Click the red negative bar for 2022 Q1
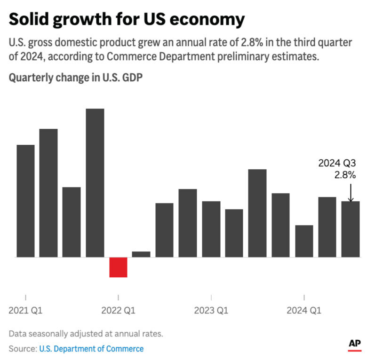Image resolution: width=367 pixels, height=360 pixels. click(118, 267)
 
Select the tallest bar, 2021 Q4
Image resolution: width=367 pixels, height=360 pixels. click(95, 183)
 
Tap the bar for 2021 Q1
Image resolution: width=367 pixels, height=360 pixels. click(25, 201)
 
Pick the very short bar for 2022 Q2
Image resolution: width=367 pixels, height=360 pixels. click(141, 254)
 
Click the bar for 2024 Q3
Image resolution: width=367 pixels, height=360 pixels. click(351, 229)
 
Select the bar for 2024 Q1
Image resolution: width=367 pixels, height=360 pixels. click(304, 241)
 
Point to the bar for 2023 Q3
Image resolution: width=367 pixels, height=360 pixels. click(257, 213)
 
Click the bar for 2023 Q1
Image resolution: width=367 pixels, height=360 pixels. click(211, 229)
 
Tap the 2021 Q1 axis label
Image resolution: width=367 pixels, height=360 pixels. click(25, 311)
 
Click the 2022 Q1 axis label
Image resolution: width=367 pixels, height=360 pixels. click(118, 311)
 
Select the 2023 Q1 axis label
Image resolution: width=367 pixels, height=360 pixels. click(211, 311)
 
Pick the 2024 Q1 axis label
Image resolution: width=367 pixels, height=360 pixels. click(304, 311)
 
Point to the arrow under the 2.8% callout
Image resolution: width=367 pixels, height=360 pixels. click(351, 193)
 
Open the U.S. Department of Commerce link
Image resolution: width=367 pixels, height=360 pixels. click(91, 349)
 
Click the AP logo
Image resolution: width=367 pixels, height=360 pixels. click(355, 344)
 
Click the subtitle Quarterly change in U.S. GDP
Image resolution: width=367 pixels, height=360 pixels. click(76, 78)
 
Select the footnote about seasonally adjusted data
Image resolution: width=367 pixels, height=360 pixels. click(86, 334)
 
